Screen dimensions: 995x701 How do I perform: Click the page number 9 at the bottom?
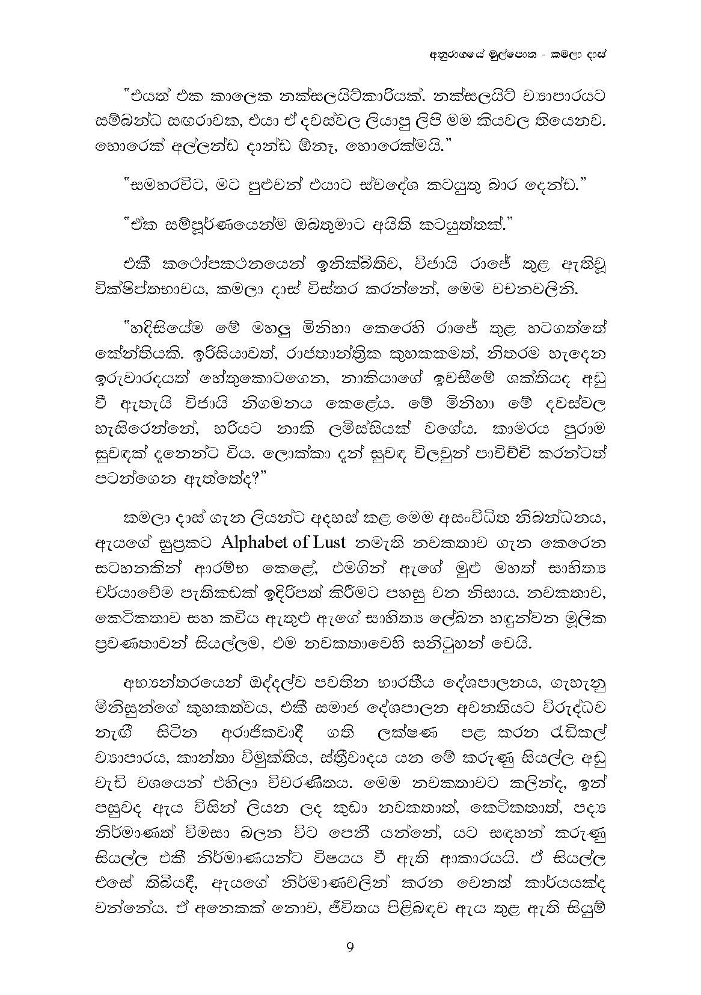[x=350, y=949]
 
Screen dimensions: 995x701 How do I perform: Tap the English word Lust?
[x=329, y=542]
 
